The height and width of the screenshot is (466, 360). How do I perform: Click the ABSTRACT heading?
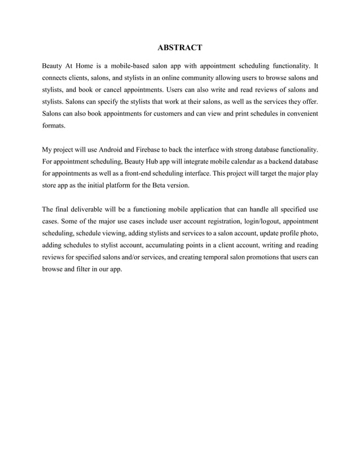(180, 46)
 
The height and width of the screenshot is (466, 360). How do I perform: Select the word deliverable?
(86, 210)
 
